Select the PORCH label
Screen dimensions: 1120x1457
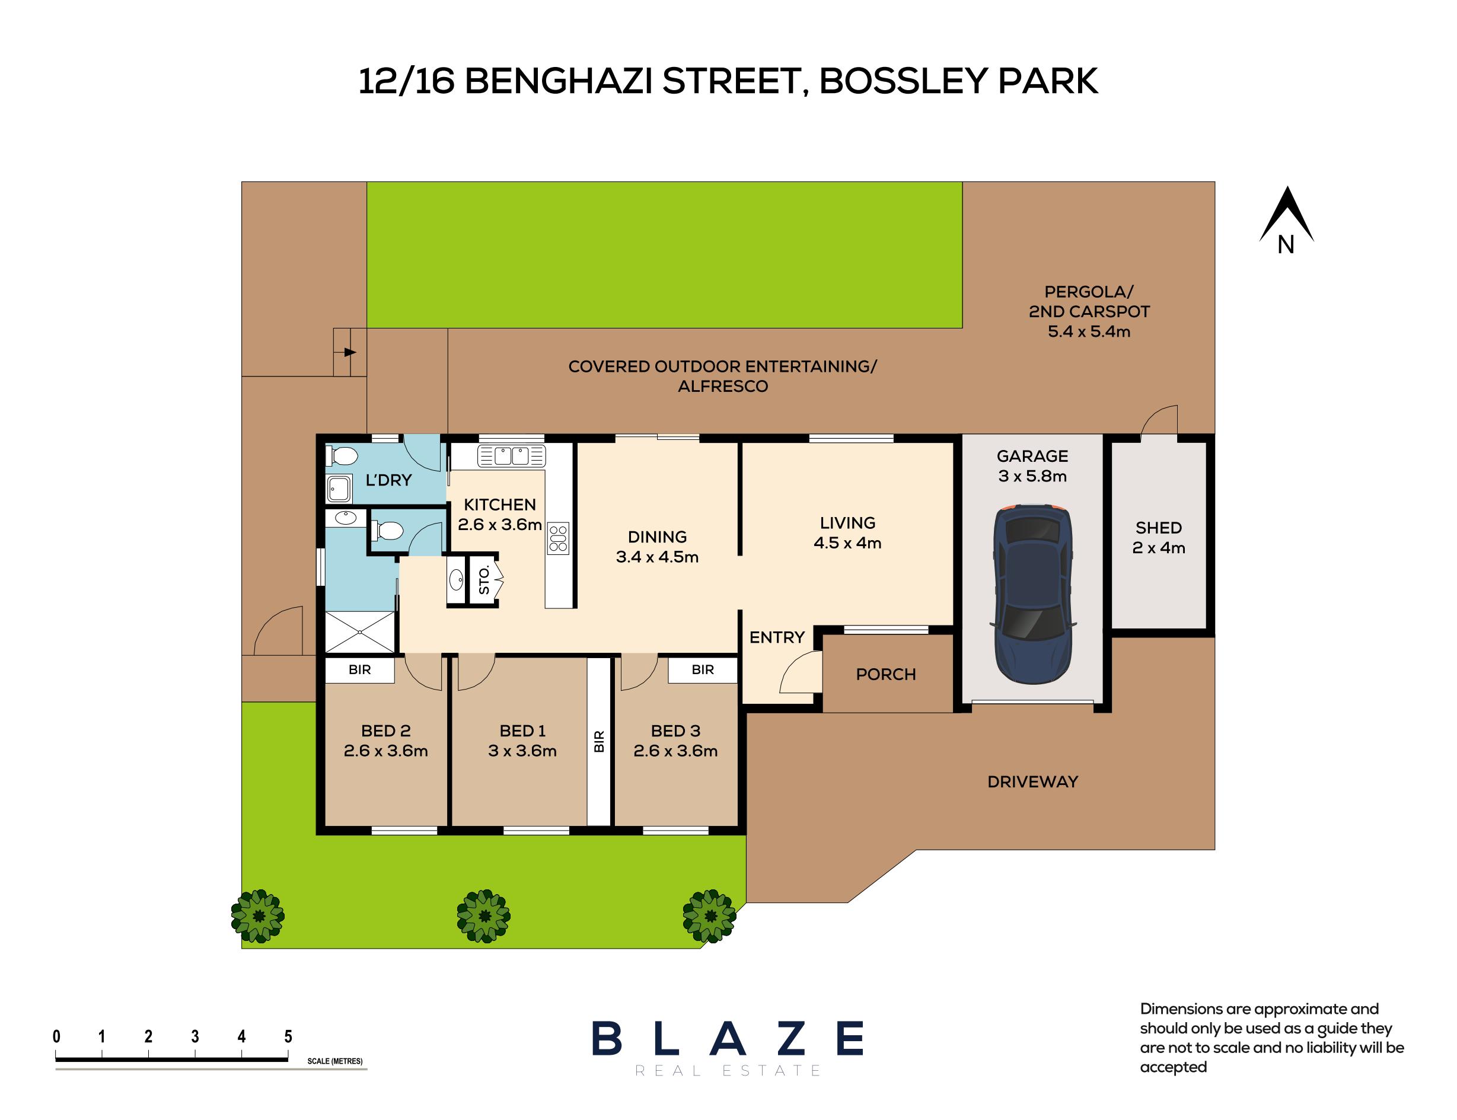pos(885,674)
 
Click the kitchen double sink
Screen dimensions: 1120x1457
pos(511,456)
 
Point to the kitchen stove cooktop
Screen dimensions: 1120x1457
pos(558,538)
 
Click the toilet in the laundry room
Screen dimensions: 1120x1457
pos(343,456)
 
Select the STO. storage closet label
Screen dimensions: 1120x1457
pos(484,580)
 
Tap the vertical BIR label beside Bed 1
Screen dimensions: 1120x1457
pos(599,741)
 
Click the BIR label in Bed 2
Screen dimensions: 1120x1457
pos(359,669)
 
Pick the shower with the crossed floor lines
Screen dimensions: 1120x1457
pos(360,631)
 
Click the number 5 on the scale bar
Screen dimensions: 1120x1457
pos(288,1036)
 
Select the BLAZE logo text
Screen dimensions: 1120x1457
pos(728,1039)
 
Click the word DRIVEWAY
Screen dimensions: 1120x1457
pos(1032,781)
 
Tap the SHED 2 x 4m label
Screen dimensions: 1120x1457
pos(1158,537)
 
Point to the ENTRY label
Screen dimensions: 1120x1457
pos(777,637)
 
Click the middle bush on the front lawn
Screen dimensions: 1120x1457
pos(483,915)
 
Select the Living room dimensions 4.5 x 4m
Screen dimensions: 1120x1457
pos(847,543)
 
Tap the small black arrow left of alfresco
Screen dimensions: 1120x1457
pos(350,352)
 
